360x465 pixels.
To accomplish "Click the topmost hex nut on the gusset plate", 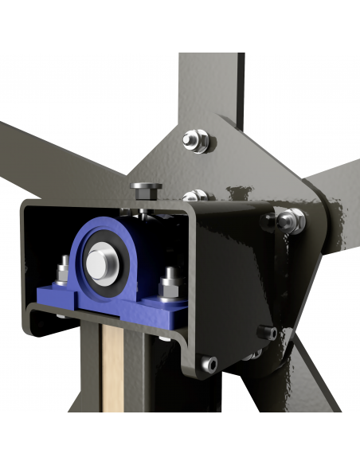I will point(196,139).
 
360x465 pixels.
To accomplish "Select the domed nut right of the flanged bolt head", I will point(194,196).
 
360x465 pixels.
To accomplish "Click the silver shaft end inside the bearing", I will point(100,262).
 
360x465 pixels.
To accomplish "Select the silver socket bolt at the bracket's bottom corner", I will point(209,364).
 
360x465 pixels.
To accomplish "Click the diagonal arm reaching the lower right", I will point(319,374).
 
